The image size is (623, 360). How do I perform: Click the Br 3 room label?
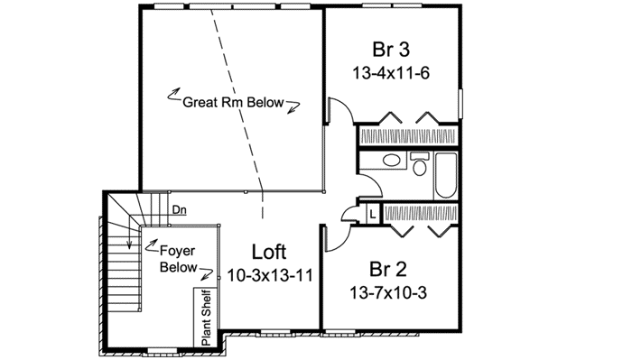(x=392, y=49)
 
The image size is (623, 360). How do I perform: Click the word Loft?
(x=270, y=252)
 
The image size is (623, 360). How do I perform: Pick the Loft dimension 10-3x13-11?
(x=270, y=275)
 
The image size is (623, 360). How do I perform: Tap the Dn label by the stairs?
(x=180, y=209)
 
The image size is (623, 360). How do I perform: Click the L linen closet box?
(x=372, y=213)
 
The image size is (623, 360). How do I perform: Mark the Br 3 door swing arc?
(x=338, y=113)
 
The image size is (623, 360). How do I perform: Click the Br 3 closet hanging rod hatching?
(x=408, y=136)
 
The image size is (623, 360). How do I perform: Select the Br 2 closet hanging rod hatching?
(x=421, y=213)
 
